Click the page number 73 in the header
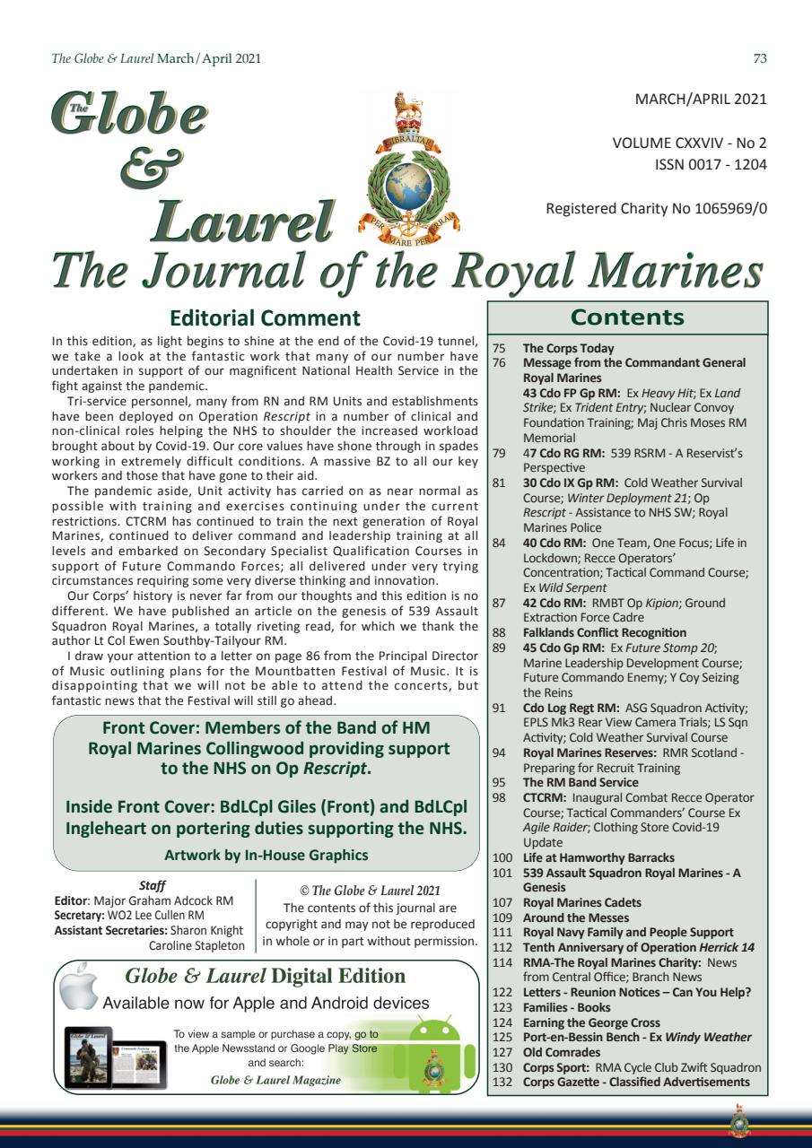[760, 59]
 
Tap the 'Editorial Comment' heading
[265, 318]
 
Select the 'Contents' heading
[627, 317]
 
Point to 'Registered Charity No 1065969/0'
[656, 209]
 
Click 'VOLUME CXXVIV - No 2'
[689, 143]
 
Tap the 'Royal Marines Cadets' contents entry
[581, 902]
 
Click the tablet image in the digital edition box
[89, 1058]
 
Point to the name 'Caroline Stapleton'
[196, 946]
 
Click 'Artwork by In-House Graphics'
[266, 855]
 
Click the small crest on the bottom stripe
[740, 1120]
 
